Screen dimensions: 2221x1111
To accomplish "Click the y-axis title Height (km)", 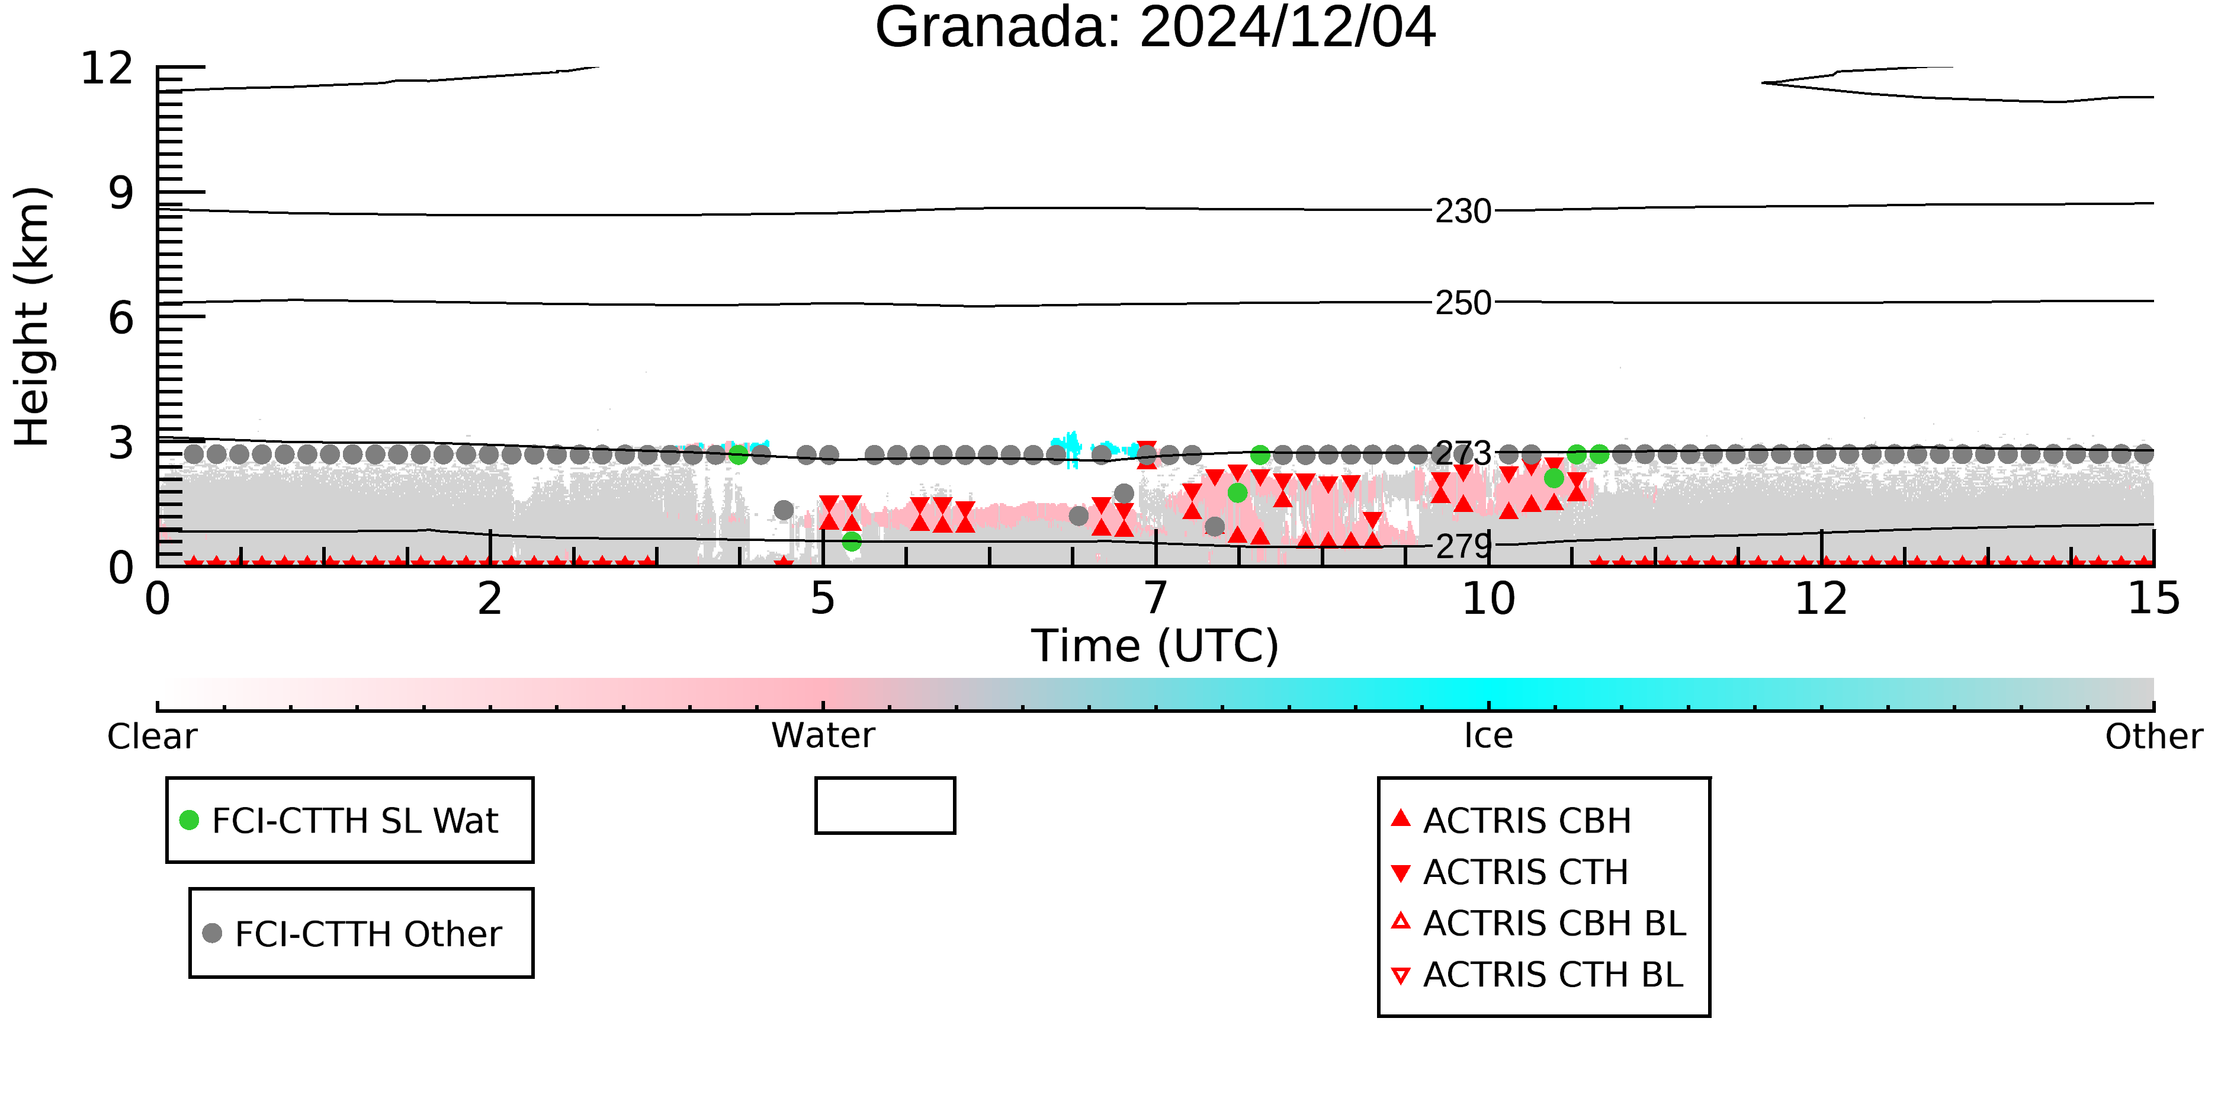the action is coord(32,316).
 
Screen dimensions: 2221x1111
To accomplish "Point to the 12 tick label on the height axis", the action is coord(107,68).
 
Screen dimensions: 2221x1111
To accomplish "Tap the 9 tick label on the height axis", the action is coord(121,193).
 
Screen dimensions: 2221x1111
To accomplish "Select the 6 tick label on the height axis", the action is coord(121,318).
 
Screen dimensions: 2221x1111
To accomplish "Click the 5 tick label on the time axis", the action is coord(823,598).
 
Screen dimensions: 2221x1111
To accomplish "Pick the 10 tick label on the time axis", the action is coord(1488,598).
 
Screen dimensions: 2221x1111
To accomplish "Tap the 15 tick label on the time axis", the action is coord(2153,598).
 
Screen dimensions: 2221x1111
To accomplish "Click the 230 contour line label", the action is coord(1463,212).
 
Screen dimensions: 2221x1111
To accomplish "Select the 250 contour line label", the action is coord(1463,303).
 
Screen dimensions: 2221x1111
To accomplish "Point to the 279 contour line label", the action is coord(1463,545).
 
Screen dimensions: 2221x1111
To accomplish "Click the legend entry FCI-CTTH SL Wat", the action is coord(339,820).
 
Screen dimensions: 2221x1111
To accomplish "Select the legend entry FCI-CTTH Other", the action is coord(352,933).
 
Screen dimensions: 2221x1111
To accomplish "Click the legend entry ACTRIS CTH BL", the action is coord(1538,975).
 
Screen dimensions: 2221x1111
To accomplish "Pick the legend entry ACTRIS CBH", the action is coord(1510,820).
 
